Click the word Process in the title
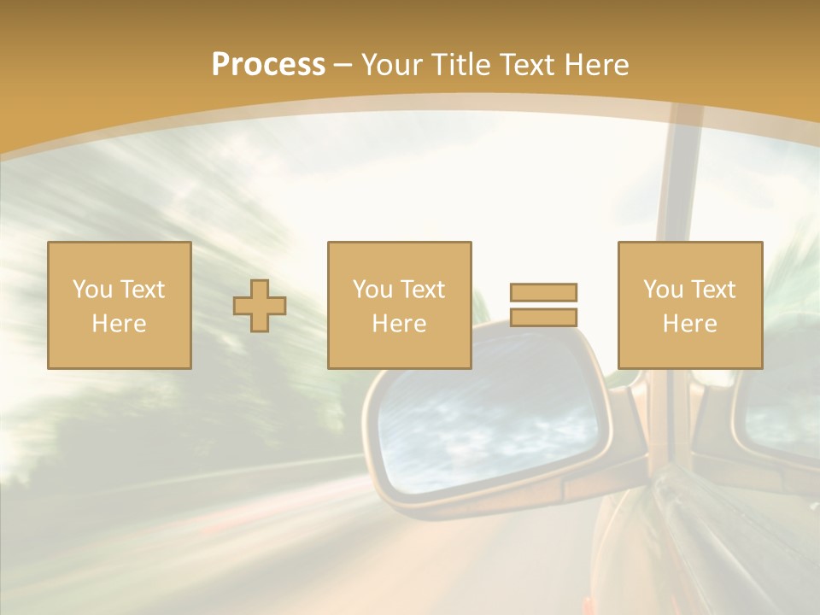268,65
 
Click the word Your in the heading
392,65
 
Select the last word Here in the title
595,65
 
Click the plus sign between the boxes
260,306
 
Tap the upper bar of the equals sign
543,292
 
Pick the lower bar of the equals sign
543,317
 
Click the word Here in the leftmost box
120,324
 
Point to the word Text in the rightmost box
714,290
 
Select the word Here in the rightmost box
690,324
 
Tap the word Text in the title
525,65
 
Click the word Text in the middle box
424,290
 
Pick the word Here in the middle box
399,324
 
